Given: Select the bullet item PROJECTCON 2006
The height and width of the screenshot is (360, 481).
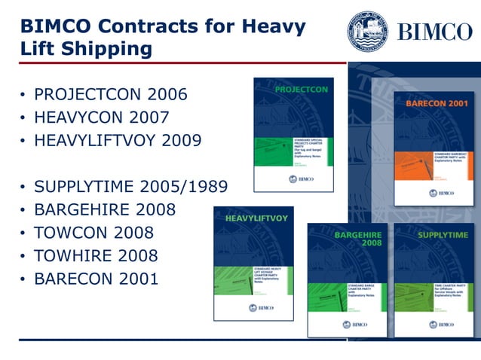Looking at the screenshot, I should [111, 96].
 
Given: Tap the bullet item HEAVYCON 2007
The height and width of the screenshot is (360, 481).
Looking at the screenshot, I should [102, 117].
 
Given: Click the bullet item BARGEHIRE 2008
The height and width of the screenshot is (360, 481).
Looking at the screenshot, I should [105, 209].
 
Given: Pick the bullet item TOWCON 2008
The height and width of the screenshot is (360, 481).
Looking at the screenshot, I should [94, 232].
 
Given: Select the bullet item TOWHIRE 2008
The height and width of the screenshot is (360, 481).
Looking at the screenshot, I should [97, 255].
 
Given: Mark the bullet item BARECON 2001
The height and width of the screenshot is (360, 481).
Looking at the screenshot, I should [97, 279].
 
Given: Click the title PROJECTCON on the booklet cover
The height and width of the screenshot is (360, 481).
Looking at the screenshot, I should [302, 90].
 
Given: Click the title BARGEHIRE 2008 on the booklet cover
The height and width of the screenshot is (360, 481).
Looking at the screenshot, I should [357, 239].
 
